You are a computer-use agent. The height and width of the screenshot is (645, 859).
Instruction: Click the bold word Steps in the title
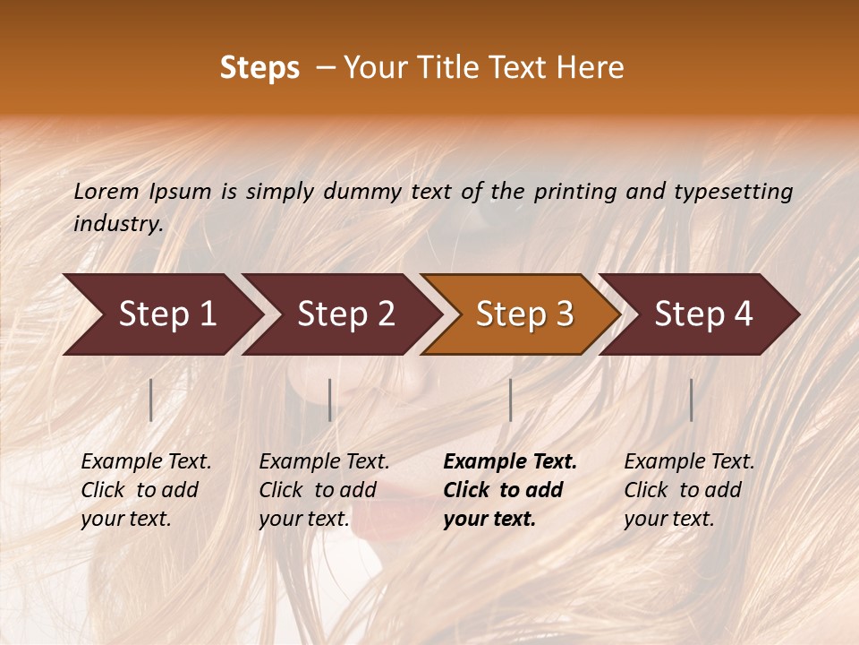pyautogui.click(x=259, y=68)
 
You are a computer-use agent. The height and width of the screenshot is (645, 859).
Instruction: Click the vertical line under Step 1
pyautogui.click(x=151, y=400)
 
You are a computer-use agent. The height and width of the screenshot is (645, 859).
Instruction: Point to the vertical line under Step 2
pyautogui.click(x=330, y=400)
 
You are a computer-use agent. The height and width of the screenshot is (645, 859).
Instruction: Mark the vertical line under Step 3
pyautogui.click(x=510, y=400)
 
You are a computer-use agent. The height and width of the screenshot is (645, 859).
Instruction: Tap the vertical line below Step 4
pyautogui.click(x=691, y=400)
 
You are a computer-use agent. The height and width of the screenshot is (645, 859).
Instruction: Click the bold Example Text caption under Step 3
pyautogui.click(x=510, y=490)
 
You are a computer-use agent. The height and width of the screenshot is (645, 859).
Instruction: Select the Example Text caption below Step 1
pyautogui.click(x=146, y=490)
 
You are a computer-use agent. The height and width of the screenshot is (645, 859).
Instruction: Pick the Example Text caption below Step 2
pyautogui.click(x=324, y=490)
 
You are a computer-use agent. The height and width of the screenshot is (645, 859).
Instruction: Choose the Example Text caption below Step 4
pyautogui.click(x=689, y=490)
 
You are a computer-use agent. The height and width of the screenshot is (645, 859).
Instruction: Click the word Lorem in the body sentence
pyautogui.click(x=106, y=192)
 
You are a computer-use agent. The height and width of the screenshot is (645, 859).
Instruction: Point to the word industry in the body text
pyautogui.click(x=118, y=224)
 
